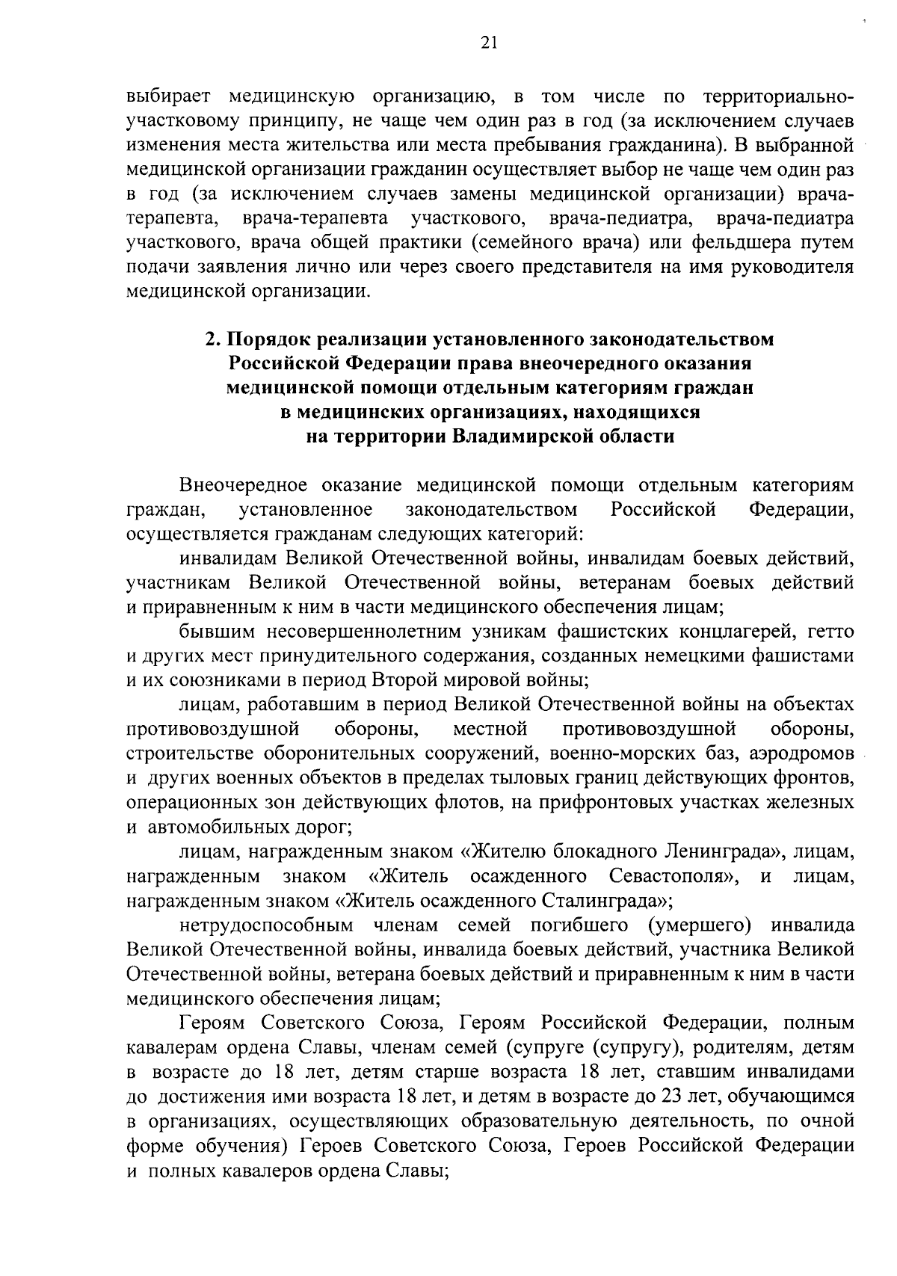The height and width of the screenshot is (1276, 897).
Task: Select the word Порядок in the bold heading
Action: pyautogui.click(x=269, y=339)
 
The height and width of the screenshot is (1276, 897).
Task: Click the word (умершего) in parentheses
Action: pyautogui.click(x=700, y=925)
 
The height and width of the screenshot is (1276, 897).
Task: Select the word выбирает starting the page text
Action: pyautogui.click(x=169, y=96)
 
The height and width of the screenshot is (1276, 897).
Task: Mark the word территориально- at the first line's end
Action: pyautogui.click(x=778, y=96)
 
